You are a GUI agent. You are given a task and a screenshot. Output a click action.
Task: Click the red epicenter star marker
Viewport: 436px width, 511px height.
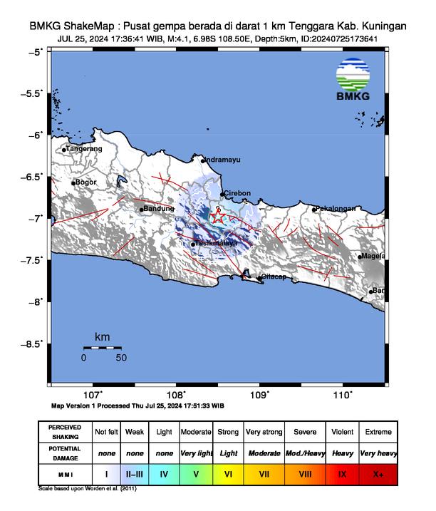(x=219, y=217)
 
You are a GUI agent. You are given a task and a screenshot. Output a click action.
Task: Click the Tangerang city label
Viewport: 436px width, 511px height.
(x=84, y=149)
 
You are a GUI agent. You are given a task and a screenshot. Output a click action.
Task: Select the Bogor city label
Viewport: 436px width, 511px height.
(x=85, y=182)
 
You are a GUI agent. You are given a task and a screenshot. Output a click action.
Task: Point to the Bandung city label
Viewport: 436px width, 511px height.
(x=159, y=209)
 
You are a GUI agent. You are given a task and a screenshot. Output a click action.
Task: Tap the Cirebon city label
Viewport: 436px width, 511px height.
(x=237, y=193)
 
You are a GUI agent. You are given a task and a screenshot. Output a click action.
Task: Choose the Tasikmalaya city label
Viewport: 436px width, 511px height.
(x=217, y=243)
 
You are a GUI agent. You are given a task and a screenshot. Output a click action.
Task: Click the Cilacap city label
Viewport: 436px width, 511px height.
(x=274, y=277)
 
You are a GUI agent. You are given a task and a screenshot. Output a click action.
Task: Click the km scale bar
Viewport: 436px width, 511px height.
(x=102, y=348)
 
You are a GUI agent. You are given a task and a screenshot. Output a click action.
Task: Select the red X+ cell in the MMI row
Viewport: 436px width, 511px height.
(x=377, y=473)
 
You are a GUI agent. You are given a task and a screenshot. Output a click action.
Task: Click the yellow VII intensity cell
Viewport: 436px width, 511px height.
(x=264, y=473)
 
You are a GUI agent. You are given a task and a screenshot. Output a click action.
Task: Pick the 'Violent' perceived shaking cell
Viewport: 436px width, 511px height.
(x=342, y=433)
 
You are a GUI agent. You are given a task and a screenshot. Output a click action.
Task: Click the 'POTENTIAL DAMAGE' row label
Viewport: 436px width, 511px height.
(x=66, y=453)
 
